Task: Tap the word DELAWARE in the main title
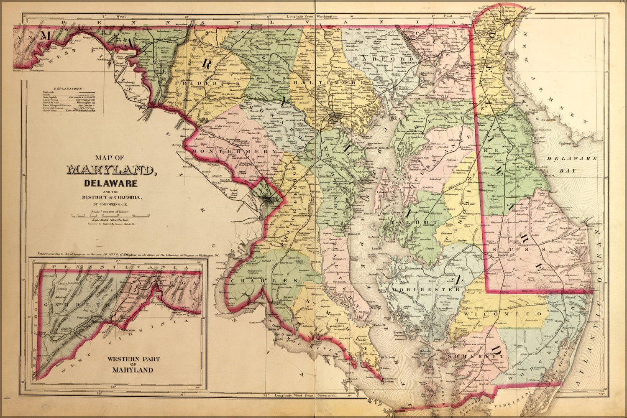click(x=110, y=183)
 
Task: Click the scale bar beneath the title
click(x=110, y=216)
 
